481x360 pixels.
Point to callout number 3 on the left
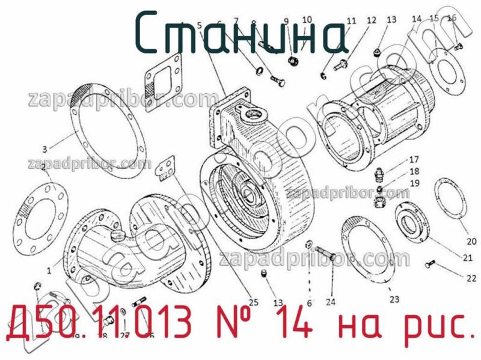click(x=44, y=148)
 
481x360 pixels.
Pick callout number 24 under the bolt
click(x=331, y=302)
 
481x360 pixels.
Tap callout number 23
click(x=394, y=299)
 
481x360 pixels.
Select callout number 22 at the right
click(x=471, y=278)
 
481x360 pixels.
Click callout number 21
click(x=467, y=258)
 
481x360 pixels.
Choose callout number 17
click(x=414, y=160)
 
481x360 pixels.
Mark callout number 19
click(x=414, y=183)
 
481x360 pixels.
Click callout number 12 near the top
click(x=371, y=20)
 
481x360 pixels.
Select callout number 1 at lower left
click(x=49, y=270)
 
